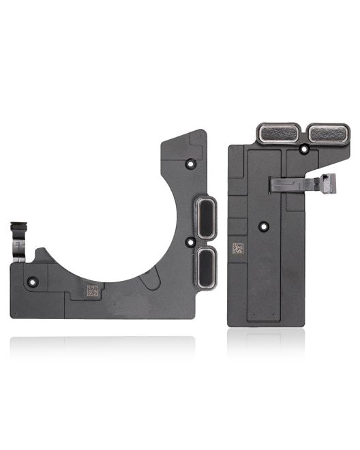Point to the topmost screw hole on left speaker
(191, 164)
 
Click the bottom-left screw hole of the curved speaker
(31, 281)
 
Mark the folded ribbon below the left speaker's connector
(19, 249)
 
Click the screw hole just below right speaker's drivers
(301, 148)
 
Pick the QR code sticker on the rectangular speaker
(237, 248)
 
